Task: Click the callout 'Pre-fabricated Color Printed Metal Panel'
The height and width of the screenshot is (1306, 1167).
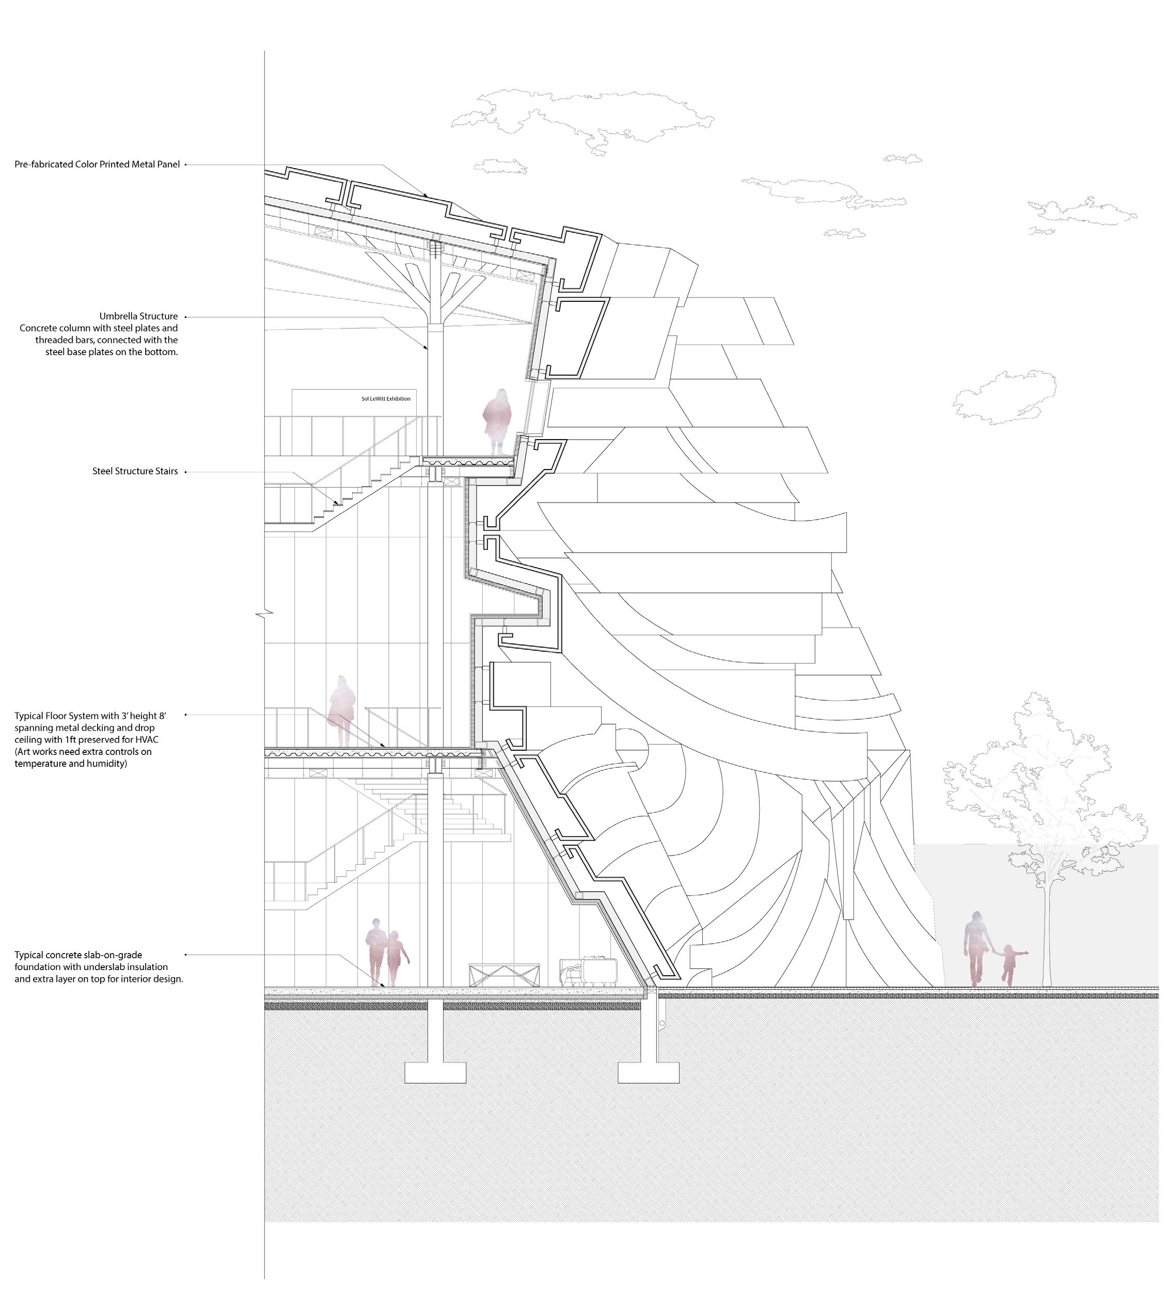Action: click(97, 165)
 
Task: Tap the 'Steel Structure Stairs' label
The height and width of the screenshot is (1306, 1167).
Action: click(135, 472)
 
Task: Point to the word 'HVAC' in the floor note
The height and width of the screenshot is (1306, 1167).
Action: click(147, 739)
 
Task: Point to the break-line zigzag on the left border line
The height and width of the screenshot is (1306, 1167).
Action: click(264, 614)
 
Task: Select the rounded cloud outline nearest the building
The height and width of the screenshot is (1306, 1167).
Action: click(1003, 397)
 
